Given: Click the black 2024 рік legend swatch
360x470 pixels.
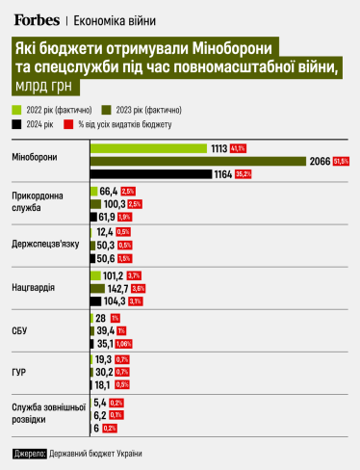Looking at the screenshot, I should (x=18, y=124).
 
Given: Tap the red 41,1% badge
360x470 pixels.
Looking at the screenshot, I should (x=239, y=148).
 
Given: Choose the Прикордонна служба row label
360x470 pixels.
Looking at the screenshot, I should (x=36, y=203).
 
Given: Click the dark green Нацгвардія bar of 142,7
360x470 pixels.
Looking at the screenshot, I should (x=95, y=288).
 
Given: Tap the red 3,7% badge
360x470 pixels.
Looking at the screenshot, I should (x=135, y=275).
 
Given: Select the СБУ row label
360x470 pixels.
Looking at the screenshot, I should (x=20, y=330).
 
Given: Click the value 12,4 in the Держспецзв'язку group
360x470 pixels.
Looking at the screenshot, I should (x=106, y=233).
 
